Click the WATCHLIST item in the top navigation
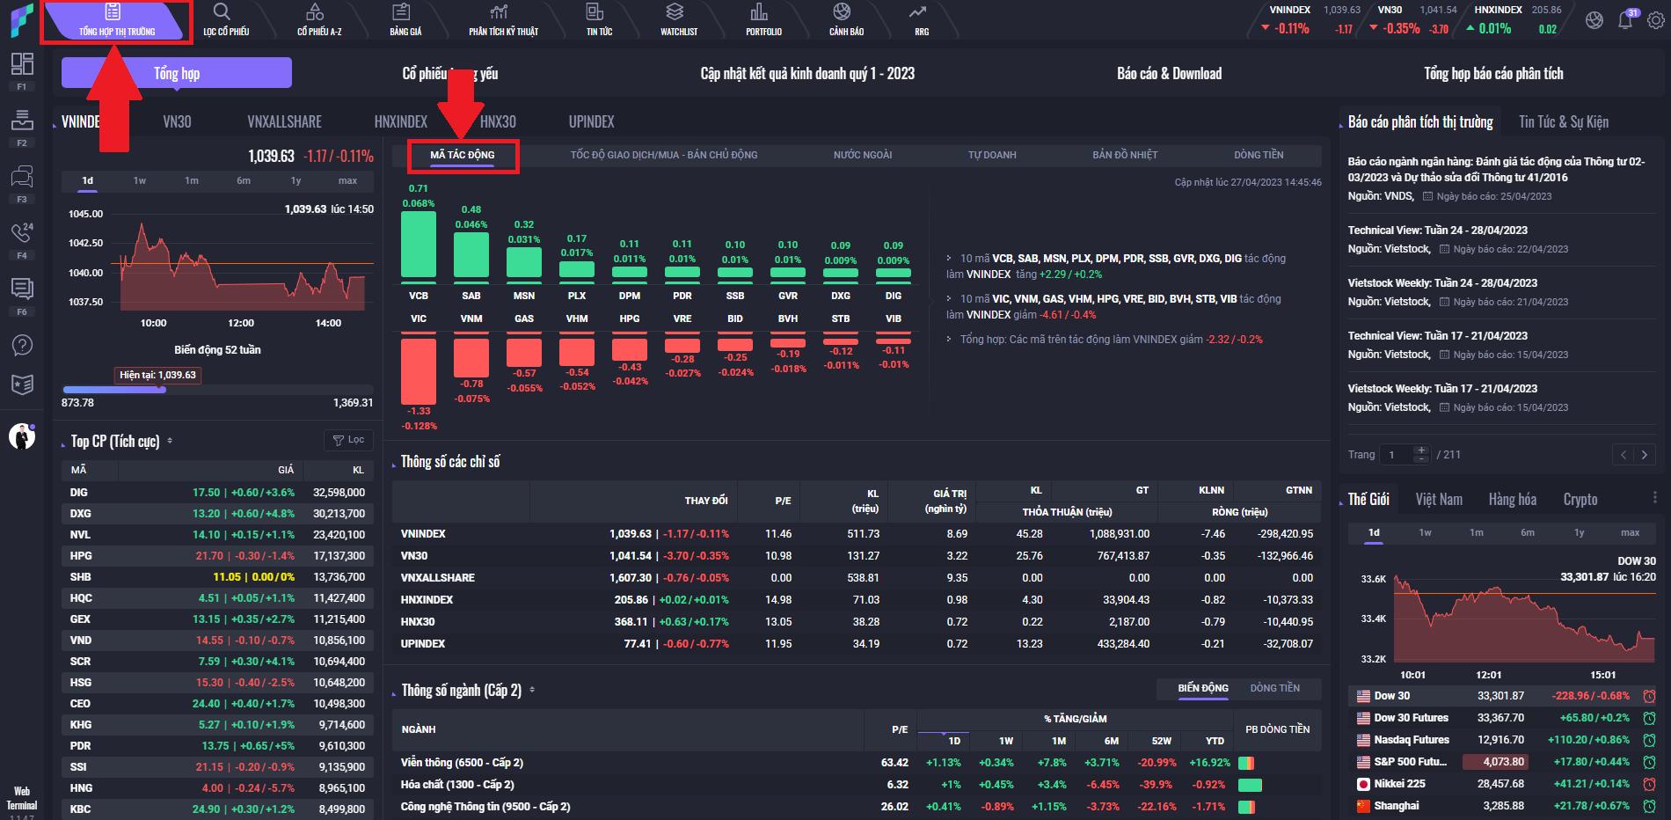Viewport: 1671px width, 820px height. pyautogui.click(x=678, y=19)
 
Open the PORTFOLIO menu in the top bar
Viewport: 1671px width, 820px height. pyautogui.click(x=763, y=19)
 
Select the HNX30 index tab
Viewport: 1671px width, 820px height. pyautogui.click(x=498, y=122)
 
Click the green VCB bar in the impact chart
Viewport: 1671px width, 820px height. pyautogui.click(x=419, y=245)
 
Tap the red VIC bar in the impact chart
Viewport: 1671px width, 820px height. pyautogui.click(x=419, y=370)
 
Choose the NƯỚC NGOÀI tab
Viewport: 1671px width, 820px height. pyautogui.click(x=862, y=155)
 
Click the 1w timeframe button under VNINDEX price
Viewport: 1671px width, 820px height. pyautogui.click(x=140, y=180)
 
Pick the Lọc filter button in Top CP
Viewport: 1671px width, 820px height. pyautogui.click(x=349, y=440)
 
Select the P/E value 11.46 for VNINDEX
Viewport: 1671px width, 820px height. pyautogui.click(x=778, y=534)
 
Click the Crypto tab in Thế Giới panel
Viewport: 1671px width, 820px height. pyautogui.click(x=1580, y=500)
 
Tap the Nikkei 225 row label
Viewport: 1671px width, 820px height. pyautogui.click(x=1399, y=784)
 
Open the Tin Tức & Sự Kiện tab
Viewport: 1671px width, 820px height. pyautogui.click(x=1563, y=122)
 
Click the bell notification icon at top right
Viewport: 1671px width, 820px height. pyautogui.click(x=1624, y=20)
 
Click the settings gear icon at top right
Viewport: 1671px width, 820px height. pyautogui.click(x=1655, y=20)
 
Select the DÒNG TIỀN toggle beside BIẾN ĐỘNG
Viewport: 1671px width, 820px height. pyautogui.click(x=1274, y=688)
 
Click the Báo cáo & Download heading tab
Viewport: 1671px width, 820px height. pyautogui.click(x=1169, y=74)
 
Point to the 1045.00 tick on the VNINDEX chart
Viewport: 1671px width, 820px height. pyautogui.click(x=85, y=214)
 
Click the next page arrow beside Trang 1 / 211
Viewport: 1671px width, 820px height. pyautogui.click(x=1644, y=455)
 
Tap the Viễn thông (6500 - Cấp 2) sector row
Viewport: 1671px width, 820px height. pyautogui.click(x=462, y=763)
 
